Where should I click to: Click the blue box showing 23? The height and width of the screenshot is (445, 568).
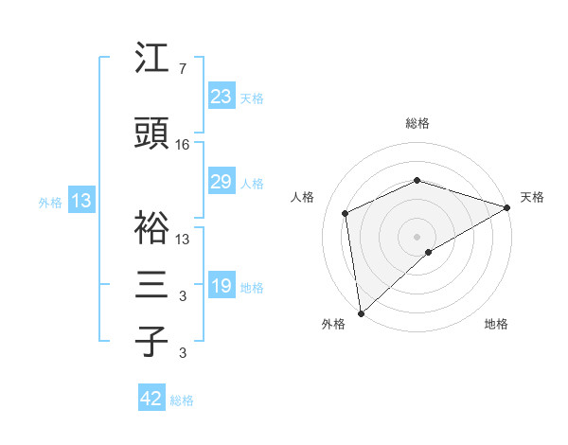tap(221, 97)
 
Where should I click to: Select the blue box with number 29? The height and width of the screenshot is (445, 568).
tap(221, 182)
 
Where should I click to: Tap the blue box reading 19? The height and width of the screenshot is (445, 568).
tap(221, 286)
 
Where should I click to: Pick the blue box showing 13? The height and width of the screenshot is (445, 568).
tap(81, 201)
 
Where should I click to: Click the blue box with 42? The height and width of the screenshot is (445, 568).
tap(151, 399)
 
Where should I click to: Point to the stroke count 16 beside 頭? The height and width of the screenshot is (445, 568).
tap(183, 146)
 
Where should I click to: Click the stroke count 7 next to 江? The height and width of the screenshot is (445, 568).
tap(182, 69)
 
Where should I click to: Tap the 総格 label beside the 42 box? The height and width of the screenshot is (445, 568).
tap(182, 400)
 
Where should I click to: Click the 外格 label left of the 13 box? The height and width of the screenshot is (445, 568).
tap(50, 202)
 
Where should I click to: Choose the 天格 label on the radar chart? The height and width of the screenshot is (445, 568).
tap(532, 197)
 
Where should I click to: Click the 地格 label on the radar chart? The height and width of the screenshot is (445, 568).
tap(496, 324)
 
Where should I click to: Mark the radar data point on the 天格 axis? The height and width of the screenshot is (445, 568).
tap(507, 207)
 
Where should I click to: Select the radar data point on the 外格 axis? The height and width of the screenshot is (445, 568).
tap(361, 312)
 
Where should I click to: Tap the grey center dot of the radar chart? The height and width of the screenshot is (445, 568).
tap(417, 235)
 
